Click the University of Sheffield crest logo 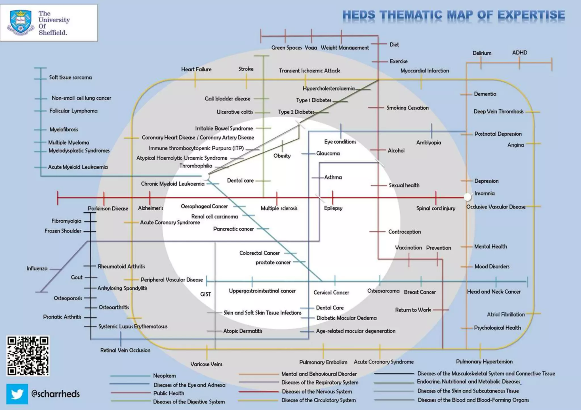coord(20,23)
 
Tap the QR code coord(28,356)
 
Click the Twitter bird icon coord(17,394)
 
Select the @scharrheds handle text coord(56,394)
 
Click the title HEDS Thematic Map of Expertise coord(454,15)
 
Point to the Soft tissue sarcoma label coord(70,78)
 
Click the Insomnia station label coord(485,194)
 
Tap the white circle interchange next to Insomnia coord(467,197)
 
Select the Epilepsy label coord(333,208)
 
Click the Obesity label coord(282,156)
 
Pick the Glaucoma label coord(328,153)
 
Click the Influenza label coord(37,268)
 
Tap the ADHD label coord(520,53)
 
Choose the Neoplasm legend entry coord(165,376)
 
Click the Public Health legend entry coord(169,393)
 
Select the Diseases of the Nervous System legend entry coord(317,392)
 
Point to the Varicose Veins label coord(206,364)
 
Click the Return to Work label coord(413,310)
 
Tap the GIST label coord(206,294)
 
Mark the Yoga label coord(311,48)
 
